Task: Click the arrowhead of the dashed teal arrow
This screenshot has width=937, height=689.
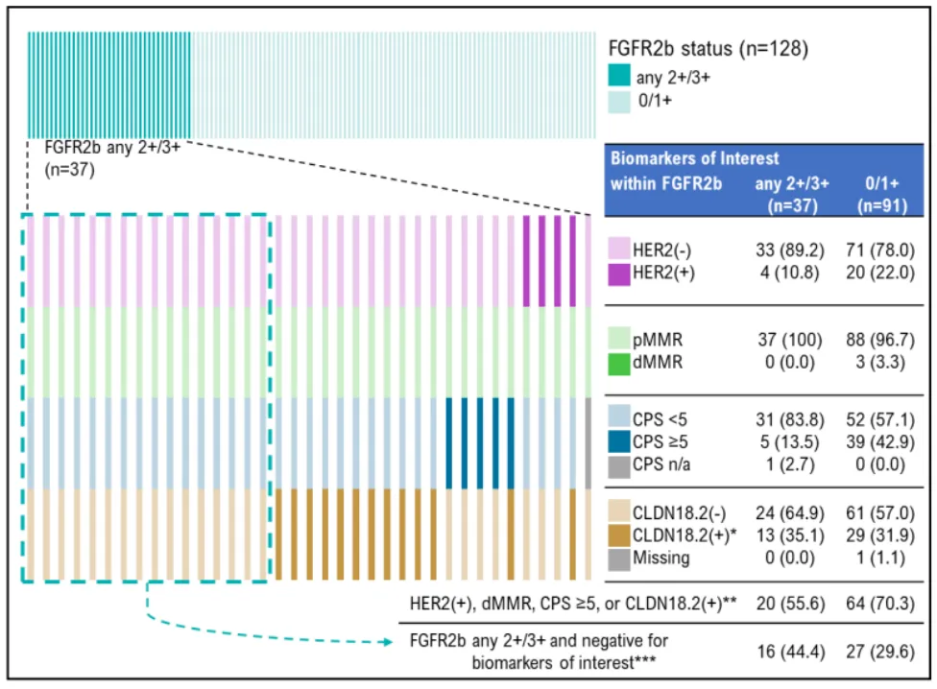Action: click(393, 636)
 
